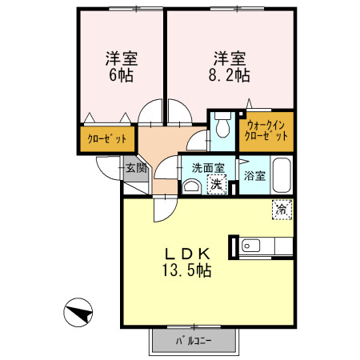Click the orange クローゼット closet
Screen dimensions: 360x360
click(x=106, y=139)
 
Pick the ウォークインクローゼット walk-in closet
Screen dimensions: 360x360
click(x=267, y=131)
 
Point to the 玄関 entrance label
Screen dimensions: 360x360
click(x=136, y=168)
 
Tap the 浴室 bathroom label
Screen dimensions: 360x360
click(x=254, y=174)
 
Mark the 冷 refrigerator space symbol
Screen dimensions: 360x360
click(x=282, y=209)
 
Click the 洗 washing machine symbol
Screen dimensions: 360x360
click(x=215, y=183)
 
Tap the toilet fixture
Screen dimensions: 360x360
click(x=222, y=127)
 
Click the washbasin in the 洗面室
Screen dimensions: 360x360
click(x=191, y=186)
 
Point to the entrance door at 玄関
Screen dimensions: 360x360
click(x=106, y=166)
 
